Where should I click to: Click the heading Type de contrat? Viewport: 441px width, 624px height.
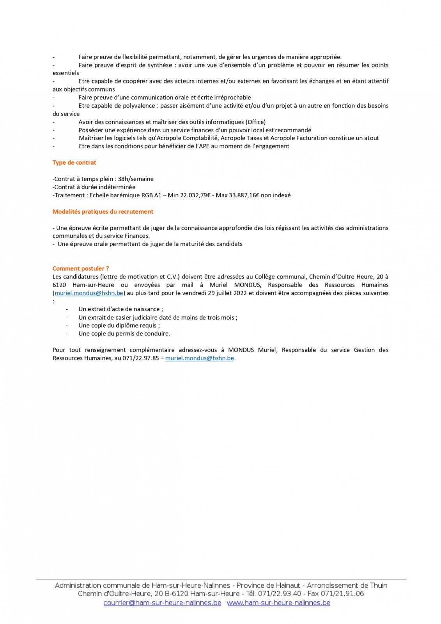pos(74,163)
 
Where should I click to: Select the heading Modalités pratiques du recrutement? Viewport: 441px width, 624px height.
pos(103,212)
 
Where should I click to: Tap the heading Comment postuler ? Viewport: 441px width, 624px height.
pos(81,269)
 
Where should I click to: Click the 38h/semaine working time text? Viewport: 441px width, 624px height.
pos(136,179)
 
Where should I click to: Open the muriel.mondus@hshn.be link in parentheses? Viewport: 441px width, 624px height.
pos(89,293)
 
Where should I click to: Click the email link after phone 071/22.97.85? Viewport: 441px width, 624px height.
pos(200,358)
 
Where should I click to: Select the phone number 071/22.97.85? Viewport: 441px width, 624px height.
pos(141,358)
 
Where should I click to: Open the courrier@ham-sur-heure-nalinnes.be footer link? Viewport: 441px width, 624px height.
pos(162,603)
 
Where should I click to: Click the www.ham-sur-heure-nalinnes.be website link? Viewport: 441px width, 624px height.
pos(278,603)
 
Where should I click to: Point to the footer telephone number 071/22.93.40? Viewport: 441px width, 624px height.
pos(280,594)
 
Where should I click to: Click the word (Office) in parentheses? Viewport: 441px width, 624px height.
pos(255,122)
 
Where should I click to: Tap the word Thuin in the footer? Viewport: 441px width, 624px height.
pos(379,586)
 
